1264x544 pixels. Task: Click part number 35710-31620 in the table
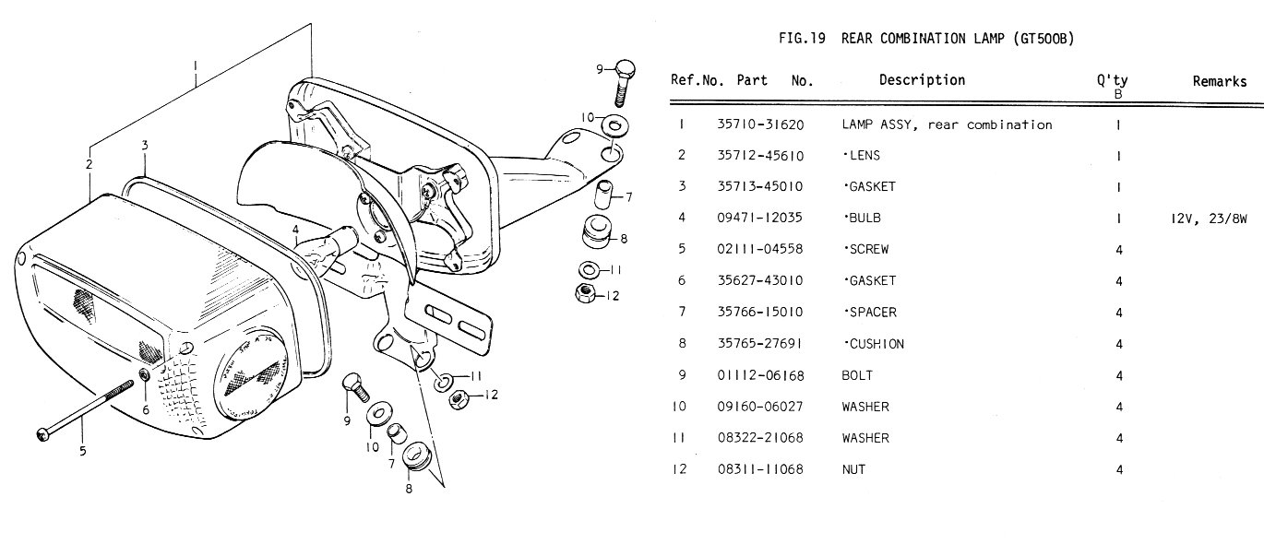coord(760,124)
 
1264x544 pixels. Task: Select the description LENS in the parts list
coord(863,156)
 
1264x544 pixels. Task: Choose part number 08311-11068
coord(760,469)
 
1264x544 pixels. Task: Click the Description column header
coord(922,80)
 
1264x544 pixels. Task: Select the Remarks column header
coord(1219,81)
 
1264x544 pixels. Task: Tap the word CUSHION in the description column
coord(875,344)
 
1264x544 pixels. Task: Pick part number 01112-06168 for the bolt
coord(760,375)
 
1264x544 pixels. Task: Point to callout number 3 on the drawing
coord(145,146)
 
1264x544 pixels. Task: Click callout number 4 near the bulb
coord(295,229)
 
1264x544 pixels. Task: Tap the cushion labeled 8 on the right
coord(591,232)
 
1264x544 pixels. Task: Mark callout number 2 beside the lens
coord(89,164)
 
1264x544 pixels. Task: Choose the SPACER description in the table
coord(870,313)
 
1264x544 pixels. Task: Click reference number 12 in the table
coord(681,469)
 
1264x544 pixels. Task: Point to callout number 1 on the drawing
coord(196,65)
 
